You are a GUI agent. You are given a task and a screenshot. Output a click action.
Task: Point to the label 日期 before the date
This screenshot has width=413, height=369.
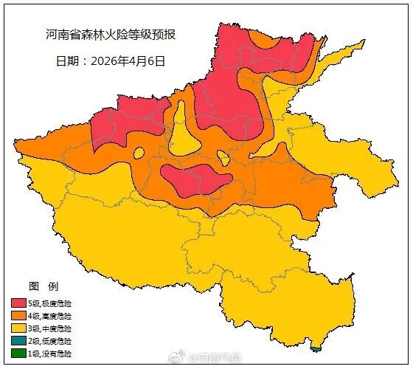pos(69,61)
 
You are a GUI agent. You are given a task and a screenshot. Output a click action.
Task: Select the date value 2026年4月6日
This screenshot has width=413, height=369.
pos(128,61)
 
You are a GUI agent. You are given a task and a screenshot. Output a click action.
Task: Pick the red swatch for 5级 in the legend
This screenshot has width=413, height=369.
pos(18,303)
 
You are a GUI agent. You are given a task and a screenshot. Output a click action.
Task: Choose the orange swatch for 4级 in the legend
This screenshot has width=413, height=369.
pos(18,316)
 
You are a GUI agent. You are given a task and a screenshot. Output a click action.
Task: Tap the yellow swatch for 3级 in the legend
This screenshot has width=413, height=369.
pos(18,328)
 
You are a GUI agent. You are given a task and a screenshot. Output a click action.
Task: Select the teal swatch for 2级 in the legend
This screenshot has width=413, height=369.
pos(18,341)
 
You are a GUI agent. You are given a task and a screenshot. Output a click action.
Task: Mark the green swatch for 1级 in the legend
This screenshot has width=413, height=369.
pos(18,354)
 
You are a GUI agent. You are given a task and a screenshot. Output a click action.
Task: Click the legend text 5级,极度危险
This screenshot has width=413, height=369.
pos(50,303)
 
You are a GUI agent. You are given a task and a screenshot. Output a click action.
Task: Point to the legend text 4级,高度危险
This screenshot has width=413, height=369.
pos(50,316)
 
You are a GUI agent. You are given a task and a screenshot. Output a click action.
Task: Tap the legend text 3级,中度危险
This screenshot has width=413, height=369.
pos(50,328)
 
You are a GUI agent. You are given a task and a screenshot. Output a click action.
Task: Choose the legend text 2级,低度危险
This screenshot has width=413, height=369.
pos(50,341)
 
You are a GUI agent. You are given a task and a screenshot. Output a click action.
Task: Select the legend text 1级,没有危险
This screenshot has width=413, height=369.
pos(50,354)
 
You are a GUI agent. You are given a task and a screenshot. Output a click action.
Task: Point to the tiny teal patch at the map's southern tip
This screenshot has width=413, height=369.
pos(317,348)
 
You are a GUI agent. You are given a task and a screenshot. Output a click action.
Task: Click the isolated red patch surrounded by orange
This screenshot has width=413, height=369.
pos(194,179)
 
